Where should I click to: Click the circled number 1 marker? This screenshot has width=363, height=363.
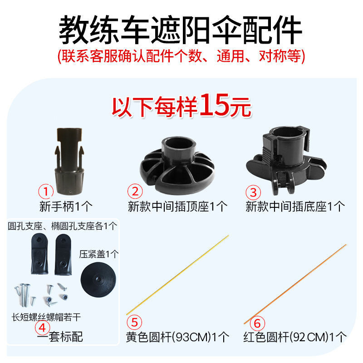click(x=46, y=191)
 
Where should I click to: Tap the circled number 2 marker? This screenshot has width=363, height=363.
click(x=135, y=191)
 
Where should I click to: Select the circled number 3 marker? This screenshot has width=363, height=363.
click(x=253, y=192)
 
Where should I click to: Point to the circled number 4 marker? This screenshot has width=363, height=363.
click(x=42, y=328)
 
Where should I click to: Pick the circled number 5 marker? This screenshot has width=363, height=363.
click(x=134, y=323)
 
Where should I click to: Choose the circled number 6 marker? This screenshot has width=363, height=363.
click(x=257, y=324)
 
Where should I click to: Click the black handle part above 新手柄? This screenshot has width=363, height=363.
click(x=69, y=161)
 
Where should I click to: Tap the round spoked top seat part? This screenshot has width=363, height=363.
click(x=177, y=165)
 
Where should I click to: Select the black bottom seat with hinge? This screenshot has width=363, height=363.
click(x=286, y=160)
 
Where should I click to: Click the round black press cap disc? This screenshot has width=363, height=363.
click(x=98, y=280)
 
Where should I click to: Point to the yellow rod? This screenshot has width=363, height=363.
click(x=177, y=275)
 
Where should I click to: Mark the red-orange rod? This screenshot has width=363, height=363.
click(x=295, y=284)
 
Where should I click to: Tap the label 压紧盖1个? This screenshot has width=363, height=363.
click(x=98, y=254)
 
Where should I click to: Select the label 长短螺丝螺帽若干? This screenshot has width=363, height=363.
click(x=46, y=317)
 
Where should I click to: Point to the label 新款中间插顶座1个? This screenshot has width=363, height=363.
click(x=177, y=206)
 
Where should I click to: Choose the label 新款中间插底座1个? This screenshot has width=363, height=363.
click(x=295, y=206)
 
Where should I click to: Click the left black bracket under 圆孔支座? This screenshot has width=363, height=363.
click(x=39, y=254)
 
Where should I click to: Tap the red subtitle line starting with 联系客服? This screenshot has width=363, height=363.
click(x=181, y=56)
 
